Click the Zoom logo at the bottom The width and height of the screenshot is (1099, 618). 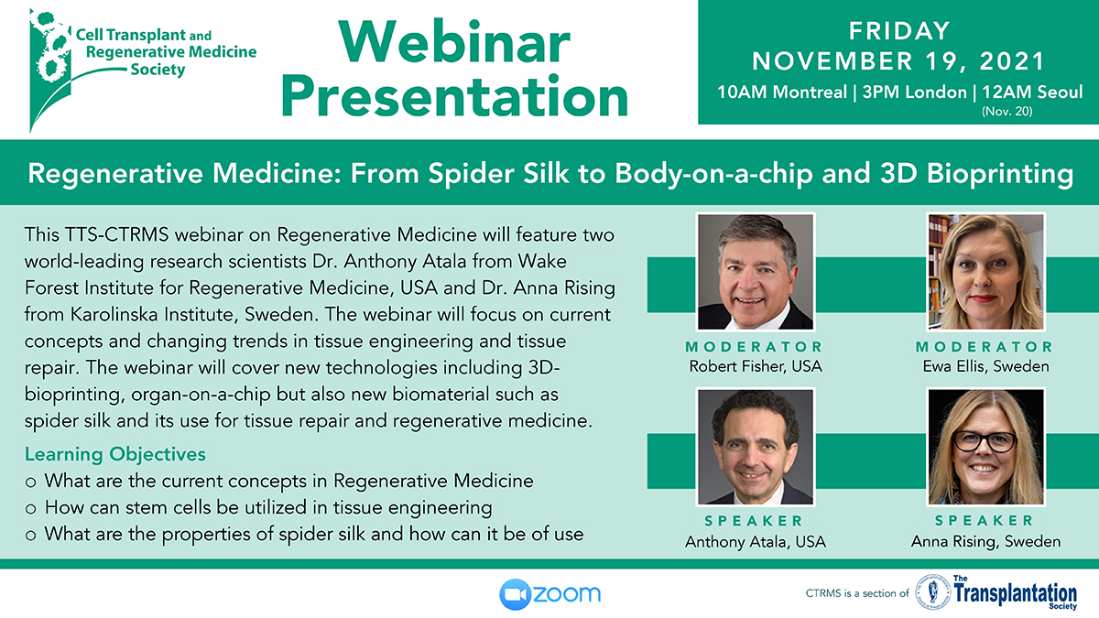point(550,594)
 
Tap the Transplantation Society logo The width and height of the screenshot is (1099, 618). point(996,592)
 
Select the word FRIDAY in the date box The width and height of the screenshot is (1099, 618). point(899,31)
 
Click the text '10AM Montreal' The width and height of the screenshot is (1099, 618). point(782,92)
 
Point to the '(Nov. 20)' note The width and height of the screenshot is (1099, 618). point(1007,112)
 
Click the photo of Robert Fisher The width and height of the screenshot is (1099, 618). point(756,272)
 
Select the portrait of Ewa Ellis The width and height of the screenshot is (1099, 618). point(985,272)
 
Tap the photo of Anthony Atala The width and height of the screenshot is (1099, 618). point(756,447)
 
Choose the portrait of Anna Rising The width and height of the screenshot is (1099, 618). point(985,447)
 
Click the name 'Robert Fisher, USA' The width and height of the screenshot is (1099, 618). point(756,366)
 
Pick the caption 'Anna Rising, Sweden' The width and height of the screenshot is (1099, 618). point(985,541)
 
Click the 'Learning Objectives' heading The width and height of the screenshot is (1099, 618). point(115,455)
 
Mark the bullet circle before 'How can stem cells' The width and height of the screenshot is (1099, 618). point(30,509)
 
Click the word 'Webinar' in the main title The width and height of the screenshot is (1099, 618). point(454,43)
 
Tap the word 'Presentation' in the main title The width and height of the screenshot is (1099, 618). point(455,97)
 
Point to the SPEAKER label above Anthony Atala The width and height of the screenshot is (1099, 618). point(754,521)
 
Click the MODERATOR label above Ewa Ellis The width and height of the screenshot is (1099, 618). point(985,347)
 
